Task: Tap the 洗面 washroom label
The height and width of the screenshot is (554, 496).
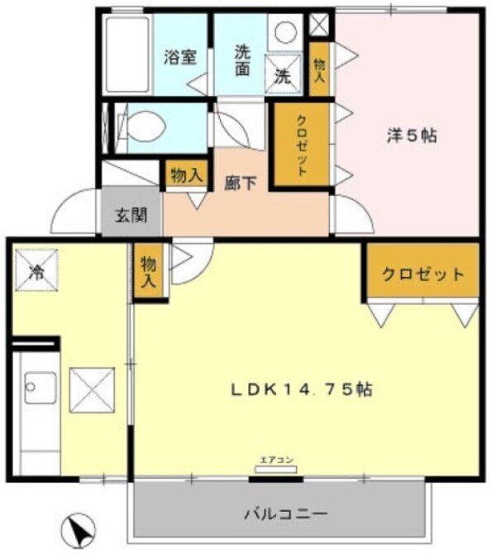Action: [241, 59]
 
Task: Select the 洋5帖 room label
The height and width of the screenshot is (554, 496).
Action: [411, 136]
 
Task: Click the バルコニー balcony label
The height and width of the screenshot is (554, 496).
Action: [285, 514]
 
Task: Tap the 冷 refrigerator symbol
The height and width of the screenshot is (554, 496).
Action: [36, 269]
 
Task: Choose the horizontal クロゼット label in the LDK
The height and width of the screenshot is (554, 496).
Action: [422, 275]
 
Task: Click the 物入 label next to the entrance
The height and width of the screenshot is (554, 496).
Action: [186, 174]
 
